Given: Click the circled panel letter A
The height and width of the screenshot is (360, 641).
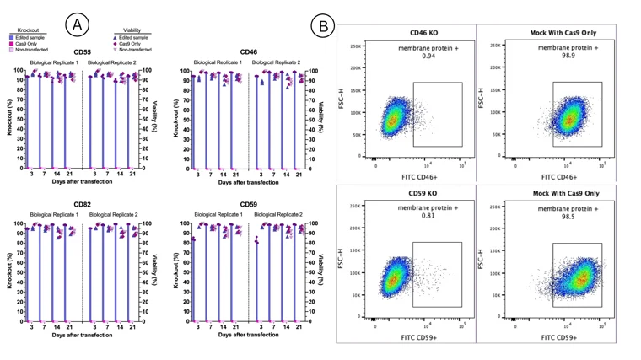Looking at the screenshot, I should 77,25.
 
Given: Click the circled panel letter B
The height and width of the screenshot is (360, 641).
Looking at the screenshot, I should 322,25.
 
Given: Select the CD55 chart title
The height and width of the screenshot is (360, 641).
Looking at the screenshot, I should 83,52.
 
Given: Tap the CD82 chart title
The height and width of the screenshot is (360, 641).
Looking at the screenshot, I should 83,205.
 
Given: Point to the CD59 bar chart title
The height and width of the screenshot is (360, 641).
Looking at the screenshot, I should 249,205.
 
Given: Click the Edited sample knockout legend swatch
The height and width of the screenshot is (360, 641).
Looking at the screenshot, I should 12,38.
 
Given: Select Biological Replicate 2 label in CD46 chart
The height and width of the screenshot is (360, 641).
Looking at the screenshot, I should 279,62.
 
